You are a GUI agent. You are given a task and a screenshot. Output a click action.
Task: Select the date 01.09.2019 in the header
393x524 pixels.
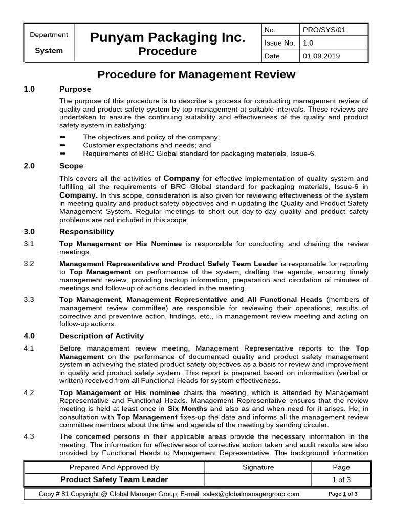(x=321, y=56)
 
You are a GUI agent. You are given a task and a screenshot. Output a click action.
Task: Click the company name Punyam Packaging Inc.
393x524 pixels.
(x=168, y=37)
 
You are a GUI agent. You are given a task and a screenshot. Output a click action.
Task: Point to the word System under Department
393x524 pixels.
(x=49, y=51)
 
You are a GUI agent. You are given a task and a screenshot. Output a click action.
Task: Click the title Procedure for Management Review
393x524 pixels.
(x=196, y=75)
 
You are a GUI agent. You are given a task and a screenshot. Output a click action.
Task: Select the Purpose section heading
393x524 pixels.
(x=75, y=89)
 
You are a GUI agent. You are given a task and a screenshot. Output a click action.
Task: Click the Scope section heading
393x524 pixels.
(x=71, y=166)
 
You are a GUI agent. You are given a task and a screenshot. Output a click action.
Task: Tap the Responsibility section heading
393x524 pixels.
(x=86, y=231)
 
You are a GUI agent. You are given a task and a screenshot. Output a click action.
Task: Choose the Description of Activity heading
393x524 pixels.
(x=101, y=336)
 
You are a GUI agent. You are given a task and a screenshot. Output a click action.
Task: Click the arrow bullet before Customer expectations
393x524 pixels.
(x=63, y=145)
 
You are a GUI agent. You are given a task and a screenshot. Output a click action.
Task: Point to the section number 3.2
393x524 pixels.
(x=29, y=264)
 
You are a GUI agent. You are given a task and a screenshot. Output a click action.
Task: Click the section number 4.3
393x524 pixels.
(x=29, y=436)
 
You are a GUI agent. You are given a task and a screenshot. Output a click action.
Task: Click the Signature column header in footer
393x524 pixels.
(x=258, y=467)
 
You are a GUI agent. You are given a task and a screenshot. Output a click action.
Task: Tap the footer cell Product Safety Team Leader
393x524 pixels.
(x=114, y=479)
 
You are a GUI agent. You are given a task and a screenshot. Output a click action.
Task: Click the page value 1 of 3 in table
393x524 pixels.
(x=341, y=479)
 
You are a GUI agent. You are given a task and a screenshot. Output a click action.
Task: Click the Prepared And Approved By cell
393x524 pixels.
(x=114, y=467)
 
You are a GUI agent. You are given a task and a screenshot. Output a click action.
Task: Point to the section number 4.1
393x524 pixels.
(x=29, y=348)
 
